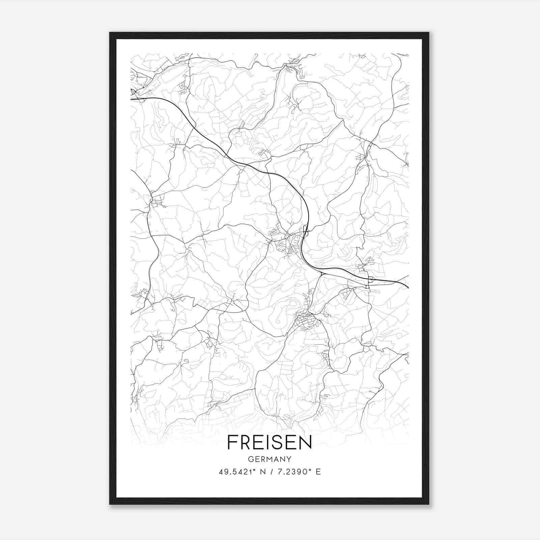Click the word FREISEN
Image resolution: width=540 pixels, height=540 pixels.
pyautogui.click(x=270, y=442)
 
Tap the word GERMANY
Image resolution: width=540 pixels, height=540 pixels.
pyautogui.click(x=270, y=459)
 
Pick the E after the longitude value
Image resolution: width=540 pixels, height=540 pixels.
pyautogui.click(x=318, y=472)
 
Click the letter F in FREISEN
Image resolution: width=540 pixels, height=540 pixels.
pyautogui.click(x=232, y=442)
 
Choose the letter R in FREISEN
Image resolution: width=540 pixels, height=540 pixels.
pyautogui.click(x=245, y=442)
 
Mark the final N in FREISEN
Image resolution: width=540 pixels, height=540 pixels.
pyautogui.click(x=306, y=442)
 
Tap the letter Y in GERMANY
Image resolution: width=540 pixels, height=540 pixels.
pyautogui.click(x=289, y=459)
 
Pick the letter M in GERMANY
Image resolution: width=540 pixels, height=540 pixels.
pyautogui.click(x=270, y=459)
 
